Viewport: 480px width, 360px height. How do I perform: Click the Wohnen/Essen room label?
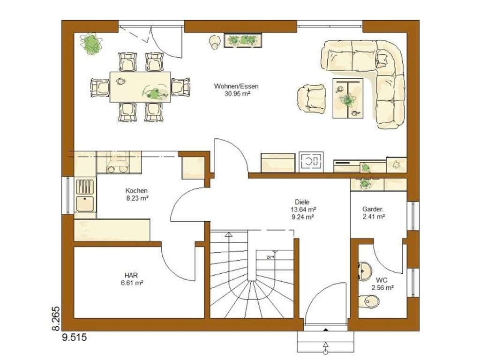tap(236, 86)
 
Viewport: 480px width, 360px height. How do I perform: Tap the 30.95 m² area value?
tap(236, 93)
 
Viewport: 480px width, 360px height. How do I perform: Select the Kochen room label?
tap(136, 191)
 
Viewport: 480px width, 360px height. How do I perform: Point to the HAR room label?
tap(131, 276)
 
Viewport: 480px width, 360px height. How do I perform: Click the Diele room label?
tap(303, 202)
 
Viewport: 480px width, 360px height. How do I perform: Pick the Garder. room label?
tap(374, 209)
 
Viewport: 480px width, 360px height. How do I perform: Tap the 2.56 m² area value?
tap(382, 288)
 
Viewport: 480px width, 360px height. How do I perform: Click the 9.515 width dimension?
tap(71, 337)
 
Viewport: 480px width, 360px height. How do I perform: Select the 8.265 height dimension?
tap(55, 319)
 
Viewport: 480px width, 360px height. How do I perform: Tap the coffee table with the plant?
tap(348, 98)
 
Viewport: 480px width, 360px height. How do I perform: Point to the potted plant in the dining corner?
tap(91, 44)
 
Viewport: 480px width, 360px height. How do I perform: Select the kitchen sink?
tap(85, 204)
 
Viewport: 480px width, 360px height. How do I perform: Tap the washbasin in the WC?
tap(364, 271)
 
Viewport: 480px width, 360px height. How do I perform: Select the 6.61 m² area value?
tap(131, 283)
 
